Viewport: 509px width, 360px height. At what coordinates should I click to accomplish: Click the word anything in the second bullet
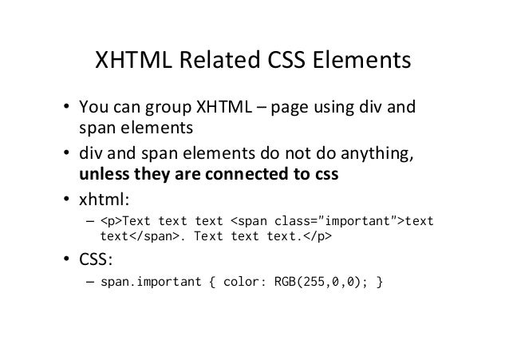379,154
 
